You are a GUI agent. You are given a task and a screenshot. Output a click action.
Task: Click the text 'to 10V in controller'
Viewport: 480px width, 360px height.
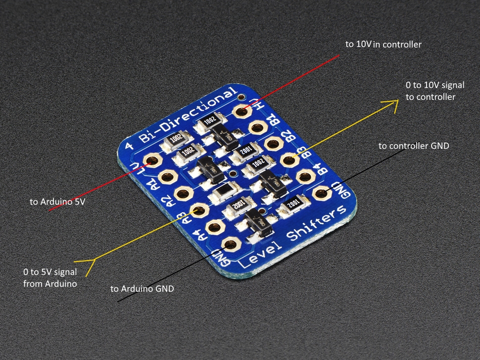click(x=383, y=45)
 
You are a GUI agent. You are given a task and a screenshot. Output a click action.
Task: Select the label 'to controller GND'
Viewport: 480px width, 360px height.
click(x=414, y=146)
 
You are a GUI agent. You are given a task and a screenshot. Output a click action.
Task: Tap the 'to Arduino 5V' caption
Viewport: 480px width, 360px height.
click(x=57, y=202)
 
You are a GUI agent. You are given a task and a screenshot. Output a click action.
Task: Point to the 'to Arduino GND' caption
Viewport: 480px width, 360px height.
click(x=142, y=289)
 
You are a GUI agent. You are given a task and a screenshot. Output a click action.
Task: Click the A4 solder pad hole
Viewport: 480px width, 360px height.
click(x=214, y=227)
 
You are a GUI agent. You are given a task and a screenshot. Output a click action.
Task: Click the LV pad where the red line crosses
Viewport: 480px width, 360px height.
click(x=152, y=161)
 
